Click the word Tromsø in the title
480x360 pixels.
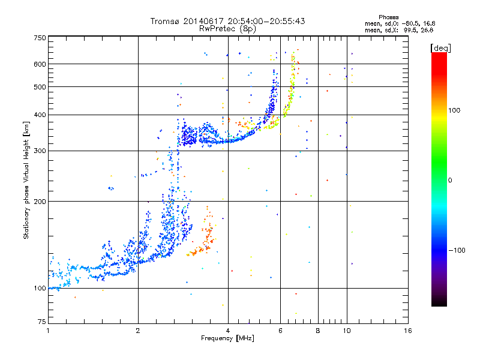[x=166, y=21]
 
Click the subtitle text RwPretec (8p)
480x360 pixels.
[x=227, y=29]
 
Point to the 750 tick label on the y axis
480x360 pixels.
[x=40, y=38]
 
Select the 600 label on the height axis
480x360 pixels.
[x=40, y=64]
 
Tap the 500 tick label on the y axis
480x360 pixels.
[x=40, y=87]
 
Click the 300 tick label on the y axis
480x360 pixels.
[x=40, y=151]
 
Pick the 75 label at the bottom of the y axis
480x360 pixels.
[x=42, y=322]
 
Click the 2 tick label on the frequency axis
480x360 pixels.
[x=138, y=331]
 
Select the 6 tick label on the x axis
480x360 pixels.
[x=280, y=331]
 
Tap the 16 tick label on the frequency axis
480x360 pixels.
[x=408, y=331]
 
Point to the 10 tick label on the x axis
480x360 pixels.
[x=347, y=331]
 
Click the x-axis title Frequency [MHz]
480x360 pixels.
[x=227, y=338]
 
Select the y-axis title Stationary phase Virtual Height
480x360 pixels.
[x=26, y=189]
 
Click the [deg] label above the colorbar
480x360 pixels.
[x=440, y=48]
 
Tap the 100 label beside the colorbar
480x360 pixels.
[x=454, y=110]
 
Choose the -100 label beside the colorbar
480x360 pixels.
[x=457, y=250]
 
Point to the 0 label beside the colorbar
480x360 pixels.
[x=450, y=181]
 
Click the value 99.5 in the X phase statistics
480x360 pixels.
[x=410, y=30]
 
